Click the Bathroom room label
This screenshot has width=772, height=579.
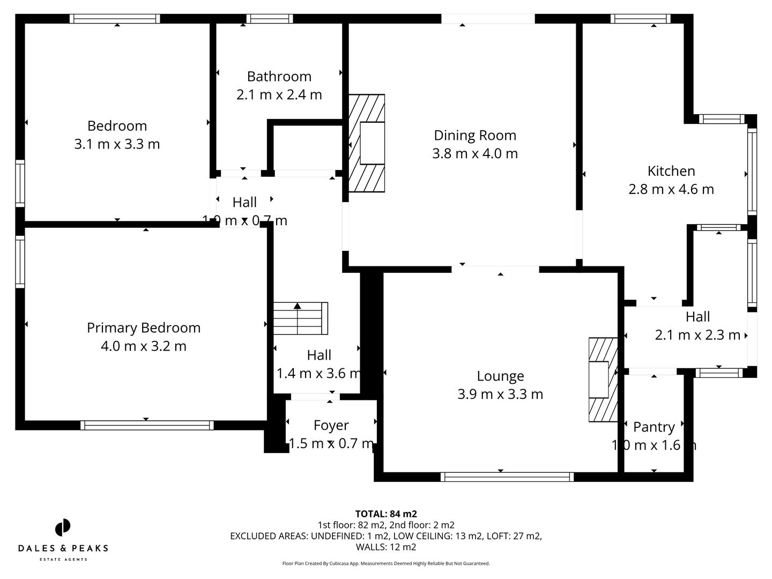[279, 76]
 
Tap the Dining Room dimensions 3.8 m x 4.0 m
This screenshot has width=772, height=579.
[475, 154]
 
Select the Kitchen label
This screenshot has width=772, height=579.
[671, 171]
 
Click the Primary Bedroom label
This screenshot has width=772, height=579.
[144, 328]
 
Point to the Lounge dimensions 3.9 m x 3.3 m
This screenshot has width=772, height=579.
[500, 395]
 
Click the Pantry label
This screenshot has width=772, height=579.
[654, 427]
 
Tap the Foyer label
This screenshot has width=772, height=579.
[331, 425]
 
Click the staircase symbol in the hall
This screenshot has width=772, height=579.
[300, 318]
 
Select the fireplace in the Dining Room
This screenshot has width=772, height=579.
[367, 143]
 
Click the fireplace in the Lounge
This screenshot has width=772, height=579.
[603, 380]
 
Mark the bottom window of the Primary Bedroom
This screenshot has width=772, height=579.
[147, 425]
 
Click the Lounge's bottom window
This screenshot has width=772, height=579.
[507, 477]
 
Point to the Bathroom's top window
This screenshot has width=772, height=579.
[270, 19]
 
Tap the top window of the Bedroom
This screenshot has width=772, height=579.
[115, 19]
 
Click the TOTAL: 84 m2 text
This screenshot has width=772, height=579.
[386, 514]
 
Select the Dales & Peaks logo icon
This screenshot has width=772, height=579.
[63, 528]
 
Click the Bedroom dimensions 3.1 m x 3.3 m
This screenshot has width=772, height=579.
[117, 144]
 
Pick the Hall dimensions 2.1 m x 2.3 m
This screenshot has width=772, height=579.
[697, 335]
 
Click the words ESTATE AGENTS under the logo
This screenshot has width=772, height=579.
[63, 559]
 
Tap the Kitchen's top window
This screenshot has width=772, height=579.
[640, 19]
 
